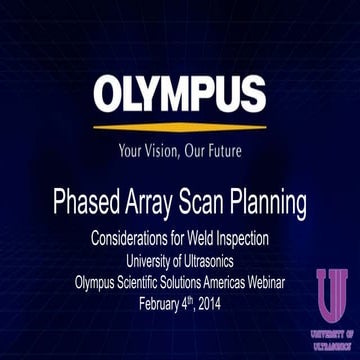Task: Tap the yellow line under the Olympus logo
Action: click(180, 127)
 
